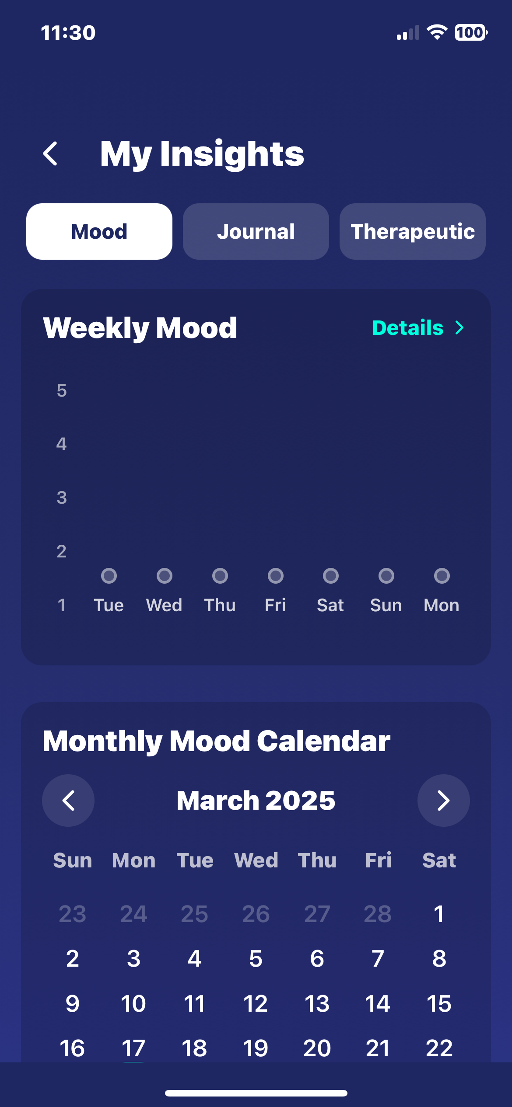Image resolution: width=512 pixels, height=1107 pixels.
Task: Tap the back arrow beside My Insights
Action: click(50, 153)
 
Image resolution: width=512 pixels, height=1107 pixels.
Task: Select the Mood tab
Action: click(99, 231)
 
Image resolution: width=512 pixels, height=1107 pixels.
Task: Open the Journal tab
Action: click(256, 231)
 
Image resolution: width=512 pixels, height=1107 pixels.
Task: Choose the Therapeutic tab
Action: click(413, 231)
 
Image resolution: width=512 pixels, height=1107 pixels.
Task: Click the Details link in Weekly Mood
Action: click(418, 327)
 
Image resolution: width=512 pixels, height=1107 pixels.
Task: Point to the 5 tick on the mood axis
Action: click(62, 390)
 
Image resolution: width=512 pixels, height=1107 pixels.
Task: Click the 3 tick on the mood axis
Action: click(62, 498)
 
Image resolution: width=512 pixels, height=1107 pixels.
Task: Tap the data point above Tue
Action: click(109, 576)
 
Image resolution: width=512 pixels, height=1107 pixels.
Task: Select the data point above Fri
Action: click(276, 576)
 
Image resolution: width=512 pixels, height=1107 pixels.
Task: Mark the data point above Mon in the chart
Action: click(442, 576)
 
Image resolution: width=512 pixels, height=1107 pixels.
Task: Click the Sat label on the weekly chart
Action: click(330, 605)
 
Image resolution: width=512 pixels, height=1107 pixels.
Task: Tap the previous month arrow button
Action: click(68, 801)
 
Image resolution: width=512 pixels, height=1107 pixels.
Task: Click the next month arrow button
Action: click(444, 801)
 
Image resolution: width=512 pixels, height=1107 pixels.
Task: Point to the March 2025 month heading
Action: click(256, 801)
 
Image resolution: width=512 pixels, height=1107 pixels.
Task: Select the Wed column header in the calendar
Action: click(256, 860)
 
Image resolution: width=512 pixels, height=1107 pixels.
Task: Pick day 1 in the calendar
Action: click(439, 914)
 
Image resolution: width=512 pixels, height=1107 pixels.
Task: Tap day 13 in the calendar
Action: click(317, 1003)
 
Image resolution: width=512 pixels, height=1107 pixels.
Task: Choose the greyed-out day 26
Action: click(256, 914)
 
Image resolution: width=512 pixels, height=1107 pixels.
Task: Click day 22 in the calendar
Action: click(439, 1048)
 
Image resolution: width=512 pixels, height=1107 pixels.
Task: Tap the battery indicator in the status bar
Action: click(471, 32)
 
